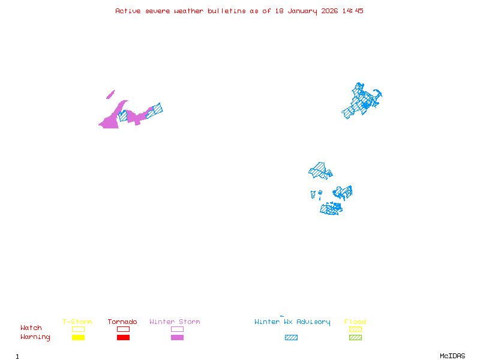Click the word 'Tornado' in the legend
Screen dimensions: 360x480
coord(122,322)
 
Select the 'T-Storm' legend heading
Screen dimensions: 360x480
coord(77,322)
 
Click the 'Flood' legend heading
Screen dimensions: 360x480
coord(355,322)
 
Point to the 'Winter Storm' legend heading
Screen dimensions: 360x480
coord(175,322)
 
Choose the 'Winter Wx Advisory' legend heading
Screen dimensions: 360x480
coord(292,322)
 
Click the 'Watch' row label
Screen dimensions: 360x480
coord(31,328)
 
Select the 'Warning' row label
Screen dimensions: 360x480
coord(35,337)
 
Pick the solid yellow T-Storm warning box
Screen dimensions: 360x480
coord(78,337)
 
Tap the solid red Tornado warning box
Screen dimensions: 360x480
coord(123,337)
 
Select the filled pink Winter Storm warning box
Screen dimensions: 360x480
coord(177,337)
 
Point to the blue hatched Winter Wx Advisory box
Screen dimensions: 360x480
coord(291,337)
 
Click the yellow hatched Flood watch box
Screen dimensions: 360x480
coord(355,329)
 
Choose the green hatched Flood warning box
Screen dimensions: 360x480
coord(355,337)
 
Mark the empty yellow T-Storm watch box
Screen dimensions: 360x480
coord(78,329)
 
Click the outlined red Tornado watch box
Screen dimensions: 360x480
coord(123,329)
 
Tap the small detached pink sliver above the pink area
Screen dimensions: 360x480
coord(110,95)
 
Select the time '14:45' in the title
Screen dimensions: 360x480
coord(353,11)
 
